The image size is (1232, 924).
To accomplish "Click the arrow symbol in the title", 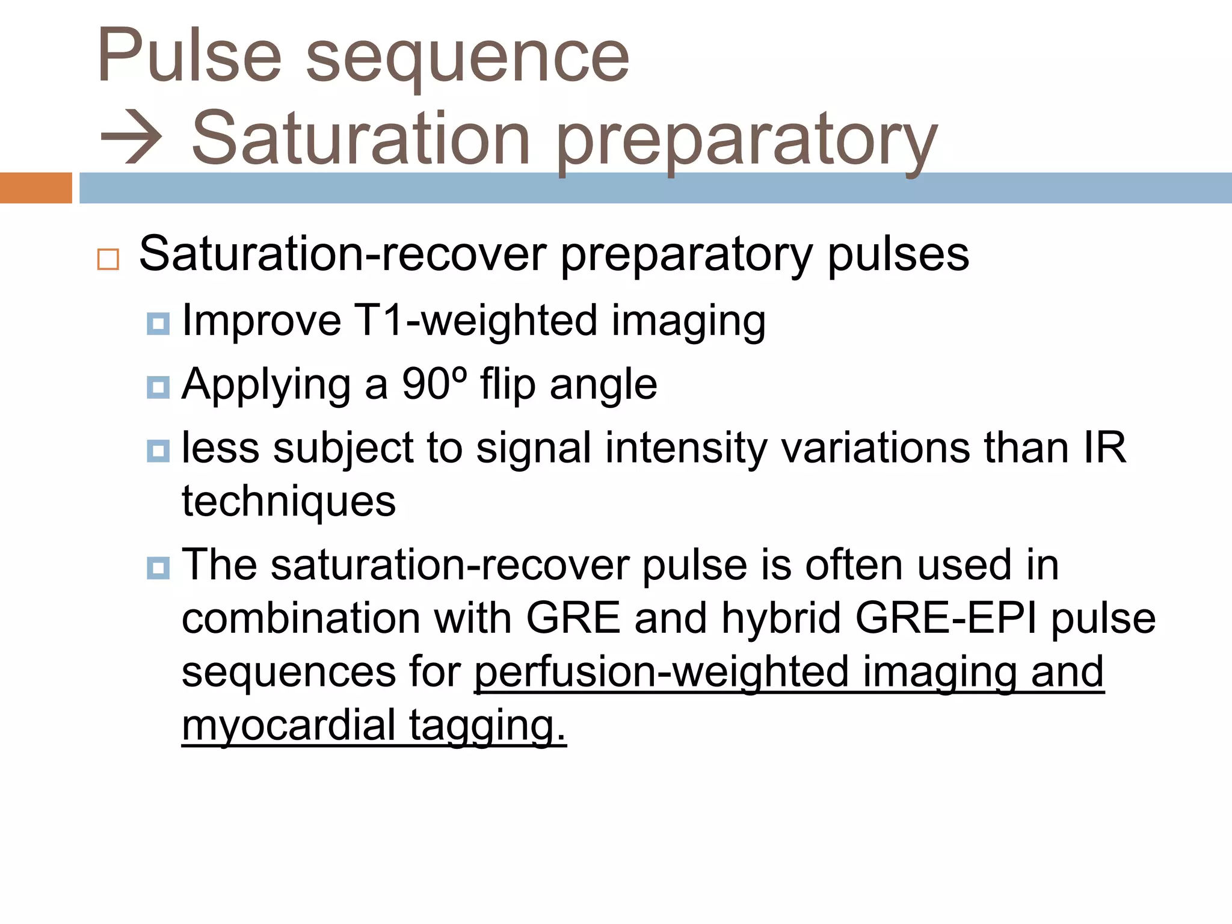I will pyautogui.click(x=131, y=138).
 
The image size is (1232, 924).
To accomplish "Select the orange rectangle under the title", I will pyautogui.click(x=35, y=188).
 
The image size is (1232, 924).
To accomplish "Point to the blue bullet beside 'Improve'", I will pyautogui.click(x=158, y=324).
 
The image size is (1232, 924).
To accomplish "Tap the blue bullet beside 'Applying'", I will pyautogui.click(x=158, y=387).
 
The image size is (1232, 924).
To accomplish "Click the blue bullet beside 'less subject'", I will pyautogui.click(x=158, y=451).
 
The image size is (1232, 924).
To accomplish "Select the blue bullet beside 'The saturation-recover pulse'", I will pyautogui.click(x=158, y=568).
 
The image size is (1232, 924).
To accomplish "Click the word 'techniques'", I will pyautogui.click(x=289, y=502).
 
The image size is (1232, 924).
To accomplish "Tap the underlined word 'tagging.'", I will pyautogui.click(x=487, y=727).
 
